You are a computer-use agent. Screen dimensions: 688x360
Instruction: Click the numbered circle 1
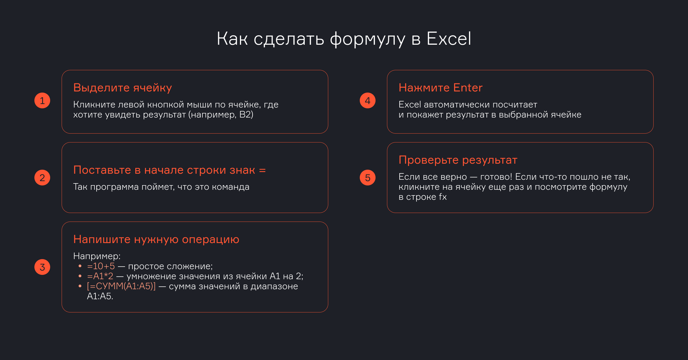[x=42, y=101]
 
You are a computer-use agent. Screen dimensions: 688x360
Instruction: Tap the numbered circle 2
[x=42, y=178]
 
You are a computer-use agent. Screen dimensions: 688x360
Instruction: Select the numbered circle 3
[x=42, y=267]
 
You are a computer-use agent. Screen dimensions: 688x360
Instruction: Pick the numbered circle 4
[x=368, y=101]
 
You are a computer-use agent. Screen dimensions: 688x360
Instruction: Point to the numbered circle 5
[x=368, y=178]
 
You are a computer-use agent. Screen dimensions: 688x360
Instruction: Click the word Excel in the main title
[x=449, y=38]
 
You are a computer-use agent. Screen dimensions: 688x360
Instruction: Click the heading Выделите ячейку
[x=122, y=88]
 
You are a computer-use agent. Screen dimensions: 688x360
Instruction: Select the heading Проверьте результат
[x=458, y=160]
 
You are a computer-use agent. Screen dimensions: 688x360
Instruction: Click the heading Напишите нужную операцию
[x=156, y=239]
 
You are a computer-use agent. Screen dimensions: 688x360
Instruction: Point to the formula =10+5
[x=101, y=266]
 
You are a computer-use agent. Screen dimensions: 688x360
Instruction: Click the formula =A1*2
[x=100, y=276]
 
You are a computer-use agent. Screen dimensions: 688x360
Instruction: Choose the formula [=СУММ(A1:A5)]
[x=121, y=286]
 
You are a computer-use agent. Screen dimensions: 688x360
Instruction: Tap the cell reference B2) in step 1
[x=246, y=115]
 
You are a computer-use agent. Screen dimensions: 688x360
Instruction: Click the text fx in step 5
[x=443, y=197]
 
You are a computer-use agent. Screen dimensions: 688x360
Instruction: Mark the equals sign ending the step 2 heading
[x=262, y=171]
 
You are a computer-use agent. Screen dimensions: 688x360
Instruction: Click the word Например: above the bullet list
[x=97, y=256]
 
